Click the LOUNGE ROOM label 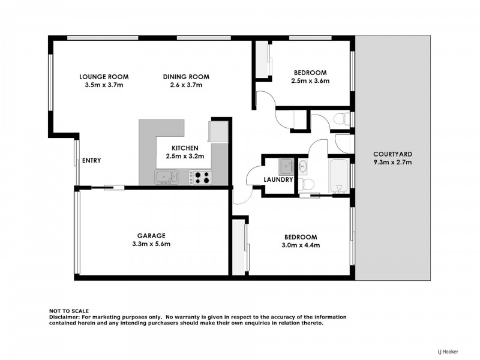point(104,77)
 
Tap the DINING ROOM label point(186,77)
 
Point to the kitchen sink point(166,176)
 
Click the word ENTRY point(91,160)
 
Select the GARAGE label point(151,236)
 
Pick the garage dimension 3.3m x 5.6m point(151,244)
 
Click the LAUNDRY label point(278,179)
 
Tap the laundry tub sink point(286,166)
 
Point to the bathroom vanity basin point(303,165)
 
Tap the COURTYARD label point(392,153)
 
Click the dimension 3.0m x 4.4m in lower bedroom point(301,245)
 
